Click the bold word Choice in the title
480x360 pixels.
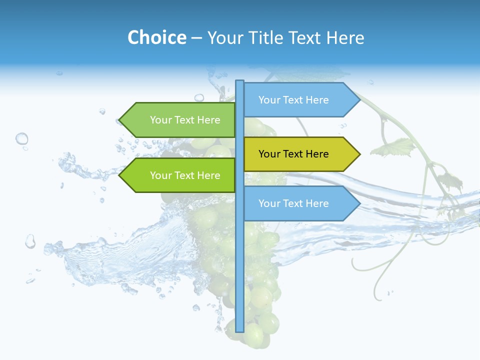156,37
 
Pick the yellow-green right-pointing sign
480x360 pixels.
300,154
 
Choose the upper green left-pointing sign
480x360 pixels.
180,120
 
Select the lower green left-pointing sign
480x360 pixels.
180,175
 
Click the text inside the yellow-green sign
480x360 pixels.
293,154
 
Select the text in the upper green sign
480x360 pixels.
185,120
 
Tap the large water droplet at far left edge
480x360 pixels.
21,138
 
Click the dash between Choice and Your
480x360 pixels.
197,38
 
